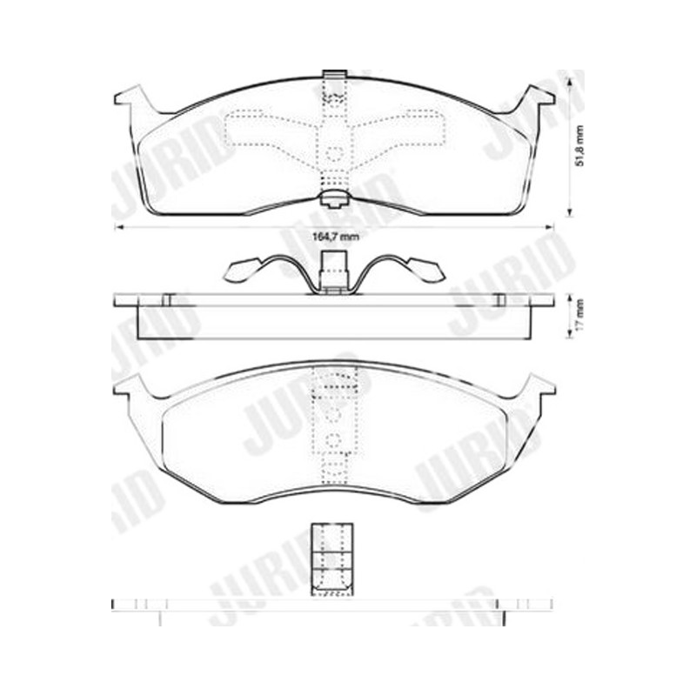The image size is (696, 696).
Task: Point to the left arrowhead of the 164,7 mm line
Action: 118,227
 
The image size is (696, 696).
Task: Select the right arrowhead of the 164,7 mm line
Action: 551,227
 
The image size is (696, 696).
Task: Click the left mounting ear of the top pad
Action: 134,98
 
